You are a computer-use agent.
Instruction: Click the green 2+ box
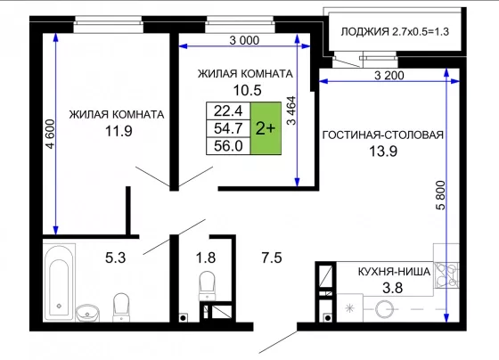tap(266, 128)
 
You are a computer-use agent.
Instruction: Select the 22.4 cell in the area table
tap(228, 110)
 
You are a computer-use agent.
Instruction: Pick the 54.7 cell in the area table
tap(228, 128)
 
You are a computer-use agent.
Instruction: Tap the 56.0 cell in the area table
tap(228, 146)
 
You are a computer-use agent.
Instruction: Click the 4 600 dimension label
tap(51, 134)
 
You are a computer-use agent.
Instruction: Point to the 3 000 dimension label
tap(244, 40)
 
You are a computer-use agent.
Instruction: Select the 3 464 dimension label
tap(291, 110)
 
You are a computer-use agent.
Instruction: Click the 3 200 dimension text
tap(389, 76)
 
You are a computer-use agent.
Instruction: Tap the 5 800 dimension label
tap(441, 195)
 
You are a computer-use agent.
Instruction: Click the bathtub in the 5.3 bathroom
tap(59, 282)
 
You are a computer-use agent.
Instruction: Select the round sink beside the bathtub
tap(87, 313)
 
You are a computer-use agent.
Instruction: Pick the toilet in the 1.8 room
tap(207, 285)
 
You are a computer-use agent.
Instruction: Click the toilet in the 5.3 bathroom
tap(121, 307)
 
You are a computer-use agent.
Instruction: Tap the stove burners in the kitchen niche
tap(446, 275)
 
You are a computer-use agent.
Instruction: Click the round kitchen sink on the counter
tap(384, 309)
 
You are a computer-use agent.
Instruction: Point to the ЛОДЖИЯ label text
tap(364, 32)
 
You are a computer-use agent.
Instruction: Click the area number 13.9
tap(383, 151)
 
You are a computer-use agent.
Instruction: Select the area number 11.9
tap(119, 131)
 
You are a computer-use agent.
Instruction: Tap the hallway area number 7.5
tap(272, 258)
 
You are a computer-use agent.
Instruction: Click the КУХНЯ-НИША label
tap(394, 272)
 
